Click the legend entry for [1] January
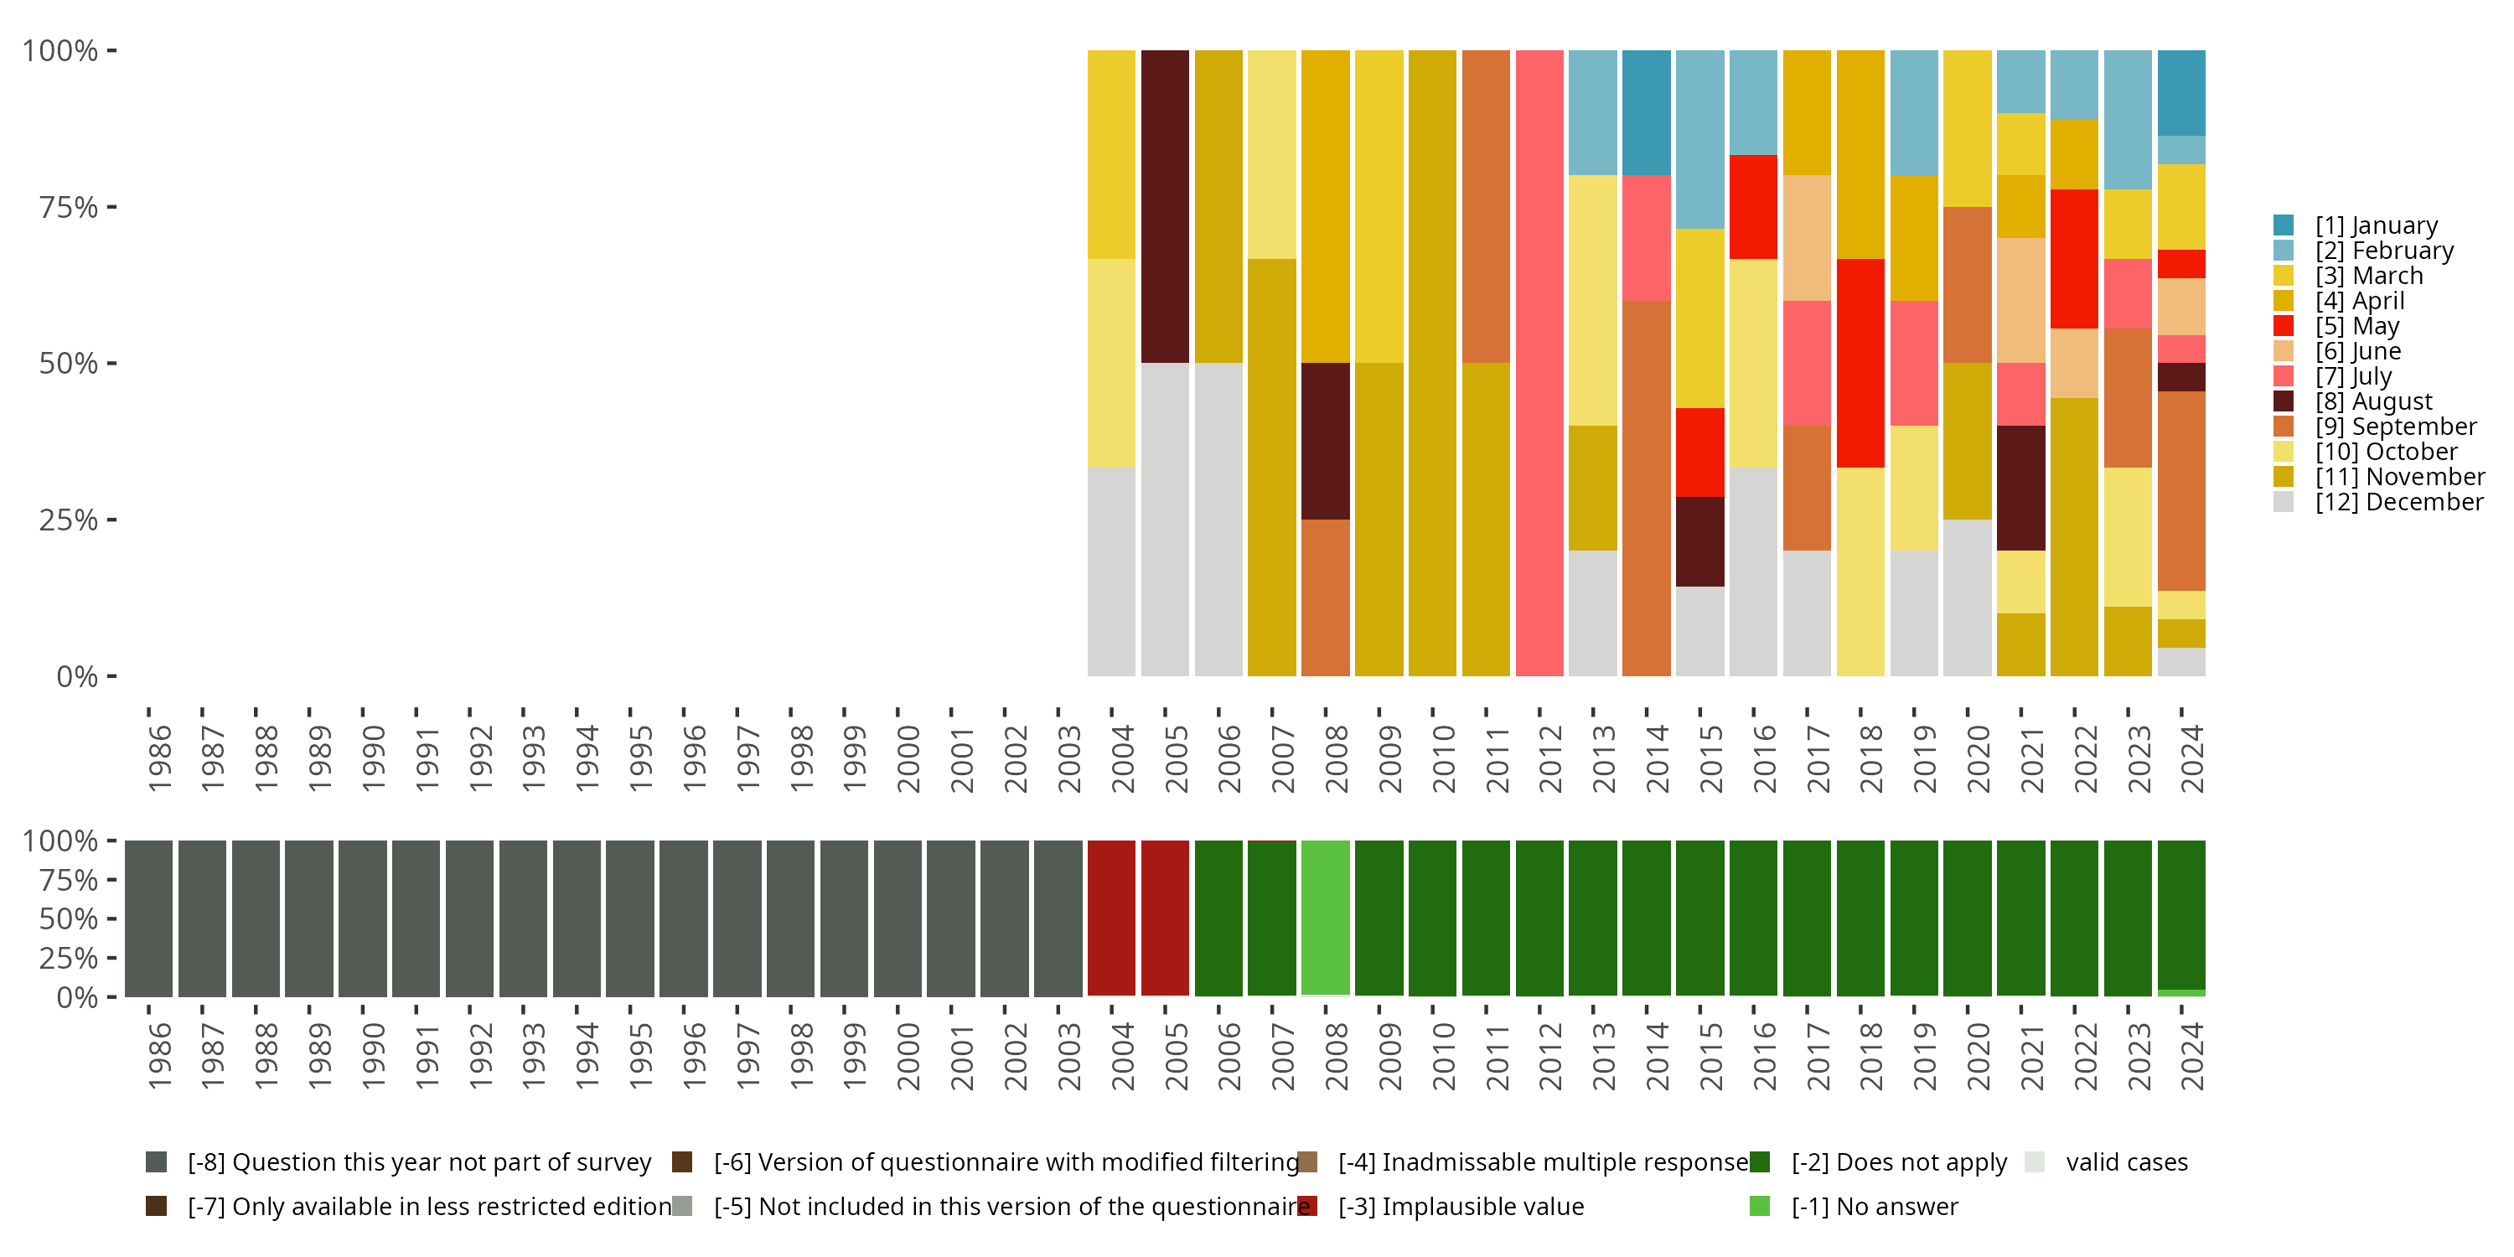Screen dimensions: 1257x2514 point(2376,225)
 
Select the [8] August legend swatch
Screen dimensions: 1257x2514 point(2284,401)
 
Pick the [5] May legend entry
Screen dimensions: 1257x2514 point(2356,326)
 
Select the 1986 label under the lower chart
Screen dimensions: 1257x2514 point(159,1057)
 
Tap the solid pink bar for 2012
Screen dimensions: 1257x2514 point(1539,363)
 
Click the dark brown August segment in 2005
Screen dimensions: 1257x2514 point(1166,207)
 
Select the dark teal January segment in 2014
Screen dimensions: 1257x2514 point(1647,112)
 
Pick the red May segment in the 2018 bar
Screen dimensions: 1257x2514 point(1860,363)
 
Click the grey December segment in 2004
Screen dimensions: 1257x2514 point(1111,572)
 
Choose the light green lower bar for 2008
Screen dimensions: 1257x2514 point(1326,918)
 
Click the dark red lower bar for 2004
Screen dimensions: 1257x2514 point(1111,918)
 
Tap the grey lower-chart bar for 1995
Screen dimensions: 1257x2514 point(629,918)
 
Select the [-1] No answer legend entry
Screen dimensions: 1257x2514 point(1896,1206)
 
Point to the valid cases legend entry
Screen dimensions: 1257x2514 point(2125,1162)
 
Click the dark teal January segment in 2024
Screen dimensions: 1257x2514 point(2181,93)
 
